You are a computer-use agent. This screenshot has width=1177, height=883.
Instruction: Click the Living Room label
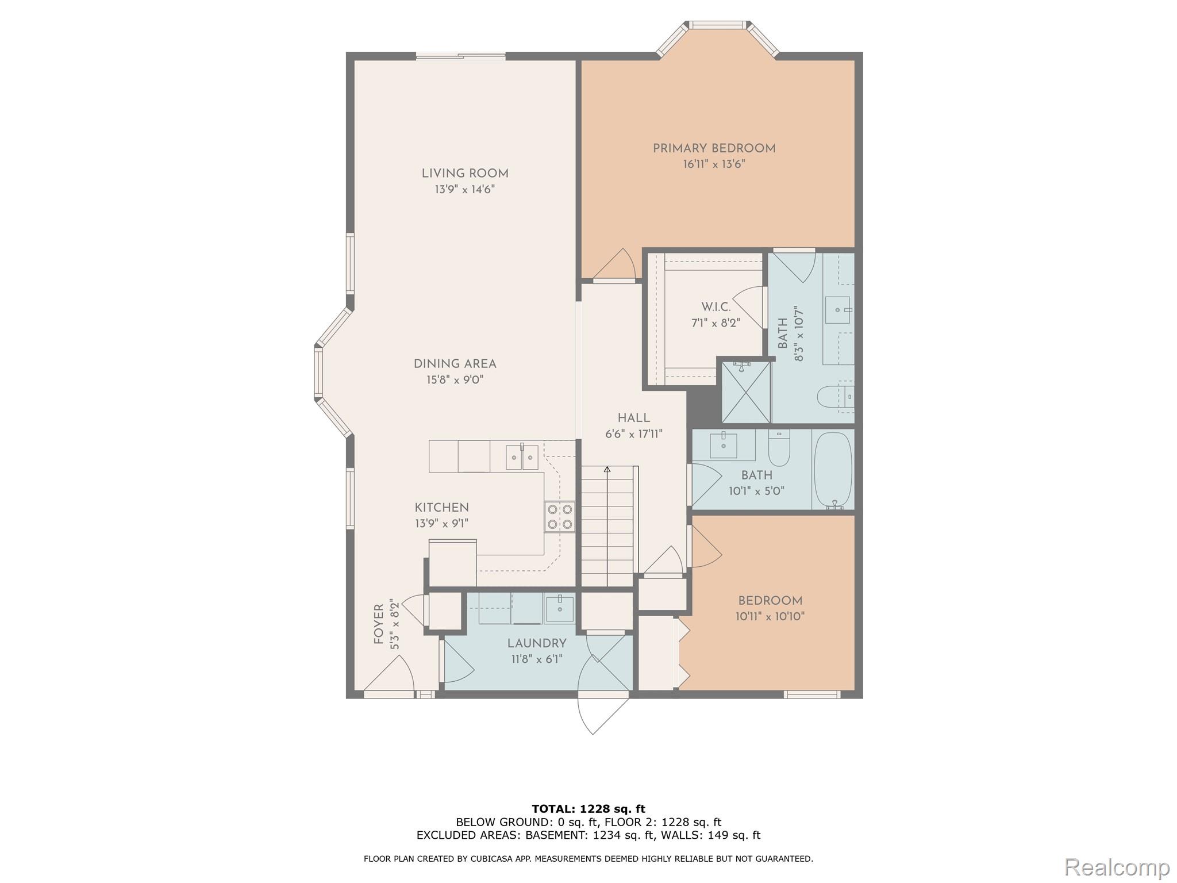[x=464, y=174]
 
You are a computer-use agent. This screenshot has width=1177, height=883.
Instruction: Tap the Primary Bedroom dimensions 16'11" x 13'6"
[x=714, y=164]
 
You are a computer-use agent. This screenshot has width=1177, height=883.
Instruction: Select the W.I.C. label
[x=716, y=308]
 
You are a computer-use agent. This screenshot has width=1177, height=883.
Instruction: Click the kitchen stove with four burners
[x=560, y=516]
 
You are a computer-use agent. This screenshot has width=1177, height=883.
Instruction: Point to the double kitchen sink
[x=522, y=458]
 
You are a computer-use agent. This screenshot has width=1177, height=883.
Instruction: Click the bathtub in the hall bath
[x=833, y=470]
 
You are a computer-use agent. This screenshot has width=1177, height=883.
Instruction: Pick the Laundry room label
[x=537, y=643]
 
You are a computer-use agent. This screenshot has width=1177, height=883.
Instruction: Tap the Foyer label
[x=379, y=624]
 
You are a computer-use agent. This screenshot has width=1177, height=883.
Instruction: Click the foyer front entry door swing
[x=391, y=675]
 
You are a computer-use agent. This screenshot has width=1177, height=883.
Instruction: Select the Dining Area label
[x=455, y=364]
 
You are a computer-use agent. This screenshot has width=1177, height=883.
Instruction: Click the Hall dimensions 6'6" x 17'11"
[x=633, y=434]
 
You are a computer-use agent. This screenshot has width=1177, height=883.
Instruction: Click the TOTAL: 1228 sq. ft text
[x=588, y=809]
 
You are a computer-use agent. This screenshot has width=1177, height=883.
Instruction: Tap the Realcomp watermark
[x=1117, y=866]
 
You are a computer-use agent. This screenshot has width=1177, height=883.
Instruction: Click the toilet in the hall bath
[x=779, y=448]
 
